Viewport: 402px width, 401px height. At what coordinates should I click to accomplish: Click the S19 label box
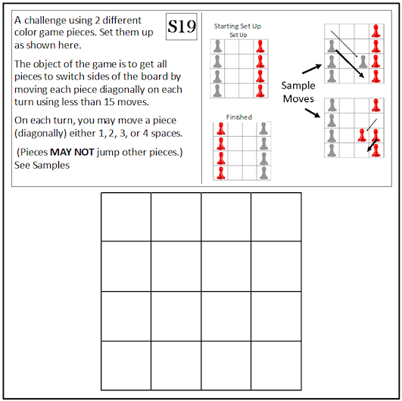[182, 26]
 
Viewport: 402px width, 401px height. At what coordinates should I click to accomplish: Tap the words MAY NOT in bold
[72, 152]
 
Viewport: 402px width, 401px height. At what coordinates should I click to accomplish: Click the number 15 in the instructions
[109, 102]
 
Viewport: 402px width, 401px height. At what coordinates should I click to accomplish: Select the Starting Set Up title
[238, 26]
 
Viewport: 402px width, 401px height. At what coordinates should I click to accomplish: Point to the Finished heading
[239, 117]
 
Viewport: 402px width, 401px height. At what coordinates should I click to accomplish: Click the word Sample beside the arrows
[298, 86]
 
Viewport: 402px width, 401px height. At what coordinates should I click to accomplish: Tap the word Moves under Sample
[298, 98]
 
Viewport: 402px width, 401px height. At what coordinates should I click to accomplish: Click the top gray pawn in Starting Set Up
[217, 46]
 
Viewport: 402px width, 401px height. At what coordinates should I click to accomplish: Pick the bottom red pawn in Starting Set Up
[260, 91]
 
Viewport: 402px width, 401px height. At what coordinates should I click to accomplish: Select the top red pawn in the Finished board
[221, 129]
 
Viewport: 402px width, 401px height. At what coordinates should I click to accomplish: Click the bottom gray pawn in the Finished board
[263, 173]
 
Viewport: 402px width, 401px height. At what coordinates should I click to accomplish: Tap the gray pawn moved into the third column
[363, 62]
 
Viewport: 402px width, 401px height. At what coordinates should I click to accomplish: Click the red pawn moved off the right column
[362, 135]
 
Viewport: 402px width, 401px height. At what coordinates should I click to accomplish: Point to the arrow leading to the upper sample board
[312, 69]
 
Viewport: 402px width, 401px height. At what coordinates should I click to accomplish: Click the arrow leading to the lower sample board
[313, 113]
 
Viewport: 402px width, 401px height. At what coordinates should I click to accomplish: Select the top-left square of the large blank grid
[126, 217]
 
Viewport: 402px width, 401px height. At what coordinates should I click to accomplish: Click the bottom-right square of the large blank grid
[276, 365]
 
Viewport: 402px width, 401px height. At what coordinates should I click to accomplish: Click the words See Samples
[42, 165]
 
